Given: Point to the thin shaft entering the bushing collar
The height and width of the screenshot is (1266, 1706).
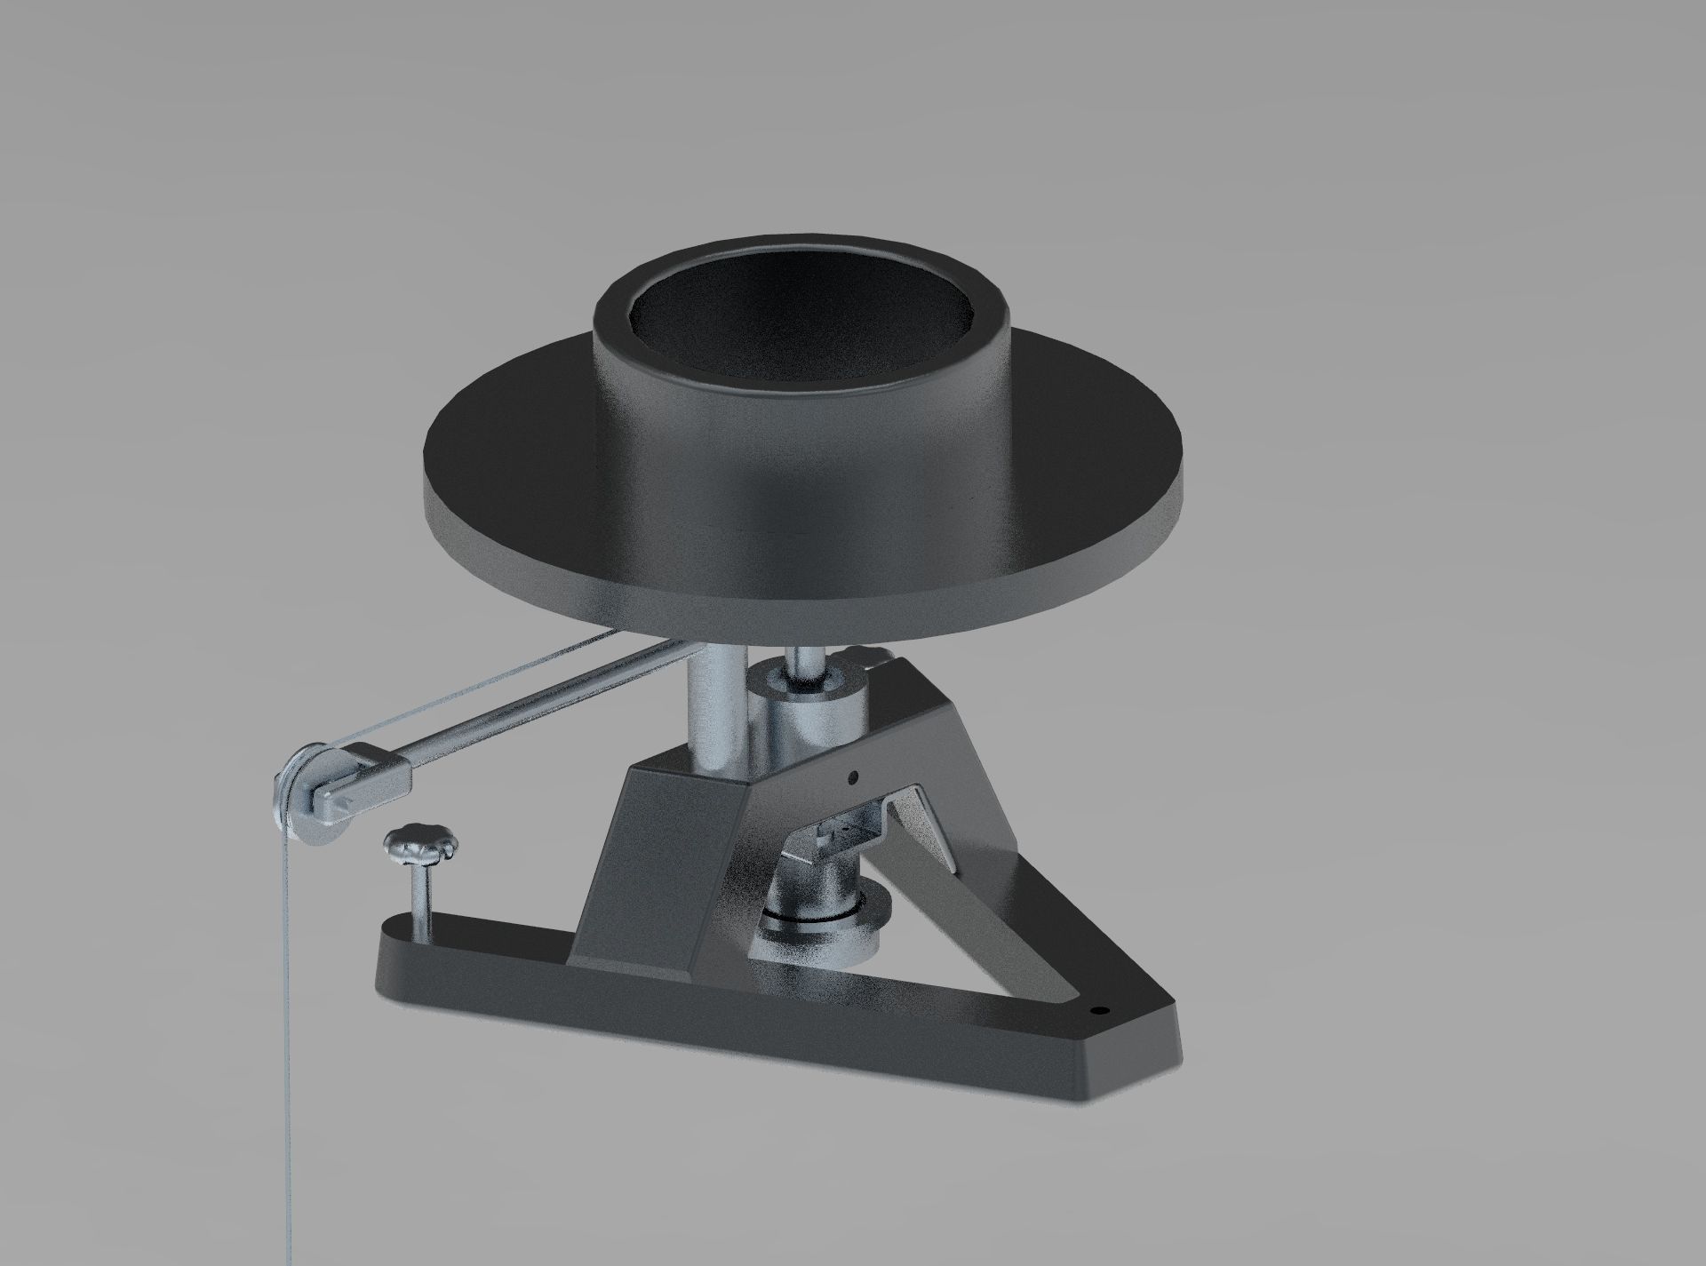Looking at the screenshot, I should (x=809, y=662).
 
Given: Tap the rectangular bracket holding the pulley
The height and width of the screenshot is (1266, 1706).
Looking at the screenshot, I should (x=373, y=773).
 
